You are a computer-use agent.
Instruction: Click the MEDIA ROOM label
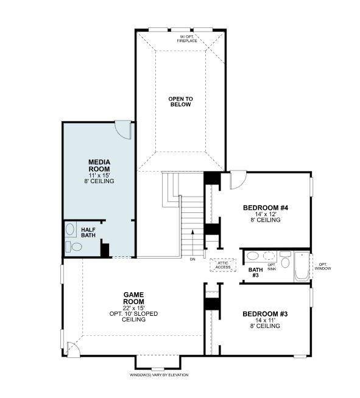(x=99, y=165)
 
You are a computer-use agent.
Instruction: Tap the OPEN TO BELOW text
(x=180, y=101)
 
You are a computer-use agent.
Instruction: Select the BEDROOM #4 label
(x=265, y=208)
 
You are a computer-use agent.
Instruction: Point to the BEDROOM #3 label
(x=264, y=314)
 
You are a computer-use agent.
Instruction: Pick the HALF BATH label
(x=88, y=232)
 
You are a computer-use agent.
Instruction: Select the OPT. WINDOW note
(x=322, y=267)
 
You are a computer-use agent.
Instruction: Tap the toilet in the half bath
(x=75, y=246)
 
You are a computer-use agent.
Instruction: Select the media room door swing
(x=124, y=128)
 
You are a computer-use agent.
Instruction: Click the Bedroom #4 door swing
(x=238, y=178)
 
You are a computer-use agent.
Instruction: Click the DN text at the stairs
(x=192, y=259)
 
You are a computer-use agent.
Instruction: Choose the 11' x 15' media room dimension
(x=99, y=175)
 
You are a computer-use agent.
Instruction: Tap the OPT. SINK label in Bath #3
(x=272, y=266)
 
